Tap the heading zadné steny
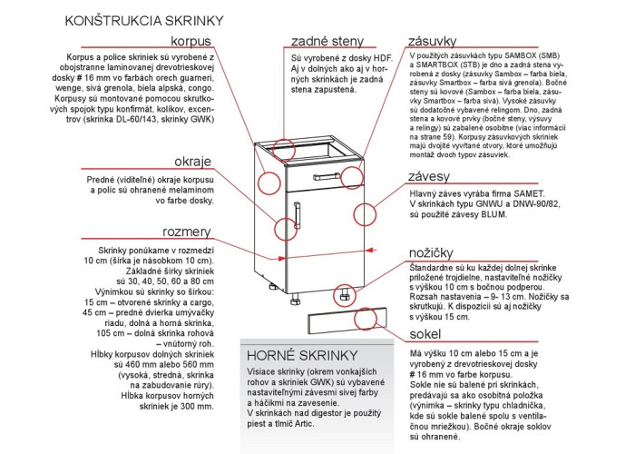coord(327,42)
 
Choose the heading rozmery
coord(187,232)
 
